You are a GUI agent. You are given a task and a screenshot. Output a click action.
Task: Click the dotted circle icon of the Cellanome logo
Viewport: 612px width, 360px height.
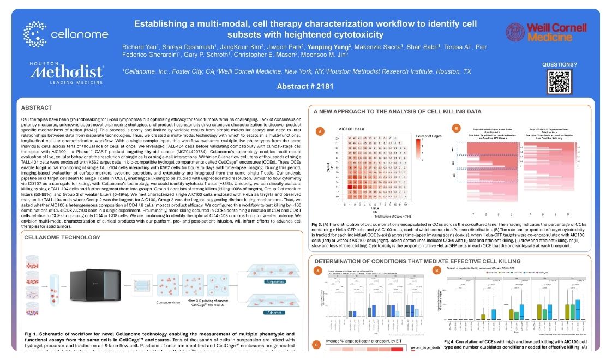pos(34,34)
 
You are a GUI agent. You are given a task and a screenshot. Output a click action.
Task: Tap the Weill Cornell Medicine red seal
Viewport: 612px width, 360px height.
pos(515,33)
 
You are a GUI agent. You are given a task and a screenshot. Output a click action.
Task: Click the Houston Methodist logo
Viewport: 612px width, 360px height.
pos(67,72)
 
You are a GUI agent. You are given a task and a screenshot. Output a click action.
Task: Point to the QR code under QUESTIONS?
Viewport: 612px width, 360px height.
pos(559,82)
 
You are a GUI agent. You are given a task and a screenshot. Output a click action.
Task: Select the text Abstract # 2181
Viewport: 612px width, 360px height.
pos(305,86)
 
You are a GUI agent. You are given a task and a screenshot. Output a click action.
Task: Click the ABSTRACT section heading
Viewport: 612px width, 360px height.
pos(37,107)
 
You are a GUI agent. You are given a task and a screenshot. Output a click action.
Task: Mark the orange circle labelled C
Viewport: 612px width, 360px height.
pos(316,344)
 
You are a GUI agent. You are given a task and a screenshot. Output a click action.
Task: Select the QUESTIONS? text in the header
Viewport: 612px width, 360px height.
pos(559,64)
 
